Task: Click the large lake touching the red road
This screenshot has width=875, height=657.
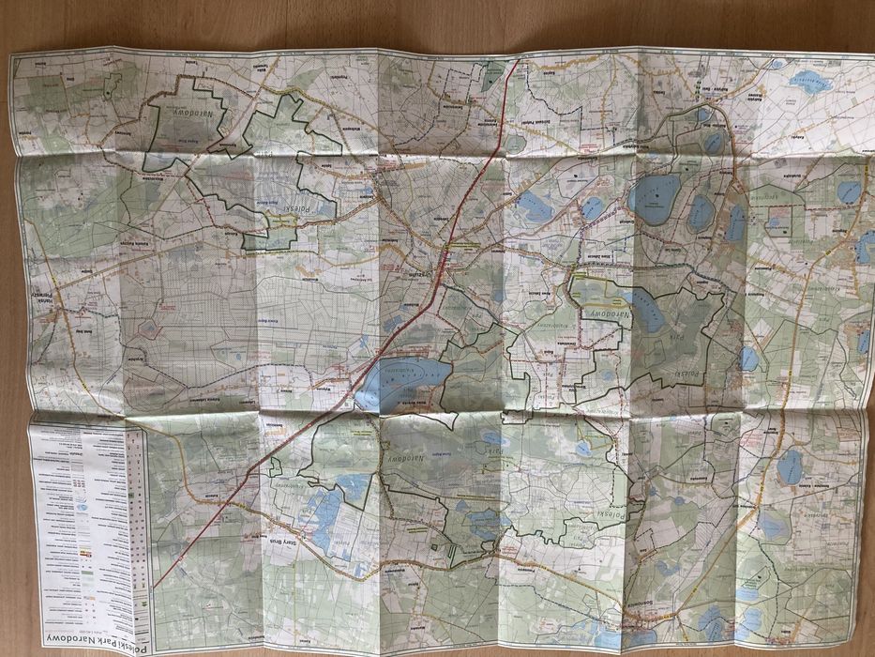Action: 399,380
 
